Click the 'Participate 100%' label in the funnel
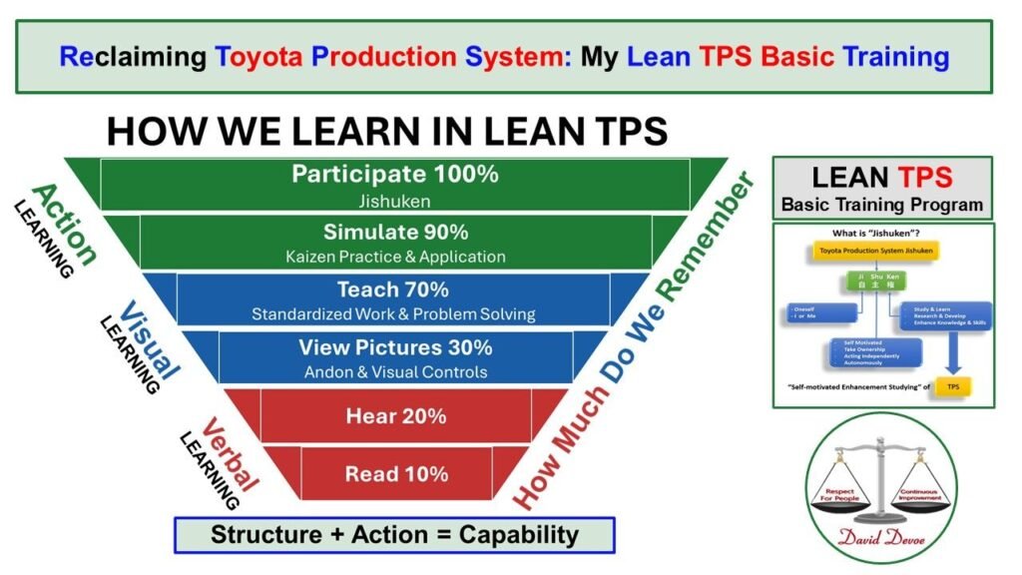[395, 174]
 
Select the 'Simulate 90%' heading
[395, 232]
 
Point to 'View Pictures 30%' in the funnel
[395, 347]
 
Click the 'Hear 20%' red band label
[395, 415]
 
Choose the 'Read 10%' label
[396, 473]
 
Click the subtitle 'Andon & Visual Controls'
[395, 371]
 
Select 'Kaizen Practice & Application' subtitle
[395, 257]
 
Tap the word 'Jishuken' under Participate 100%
[395, 200]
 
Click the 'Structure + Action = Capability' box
[394, 534]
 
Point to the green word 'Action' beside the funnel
[65, 225]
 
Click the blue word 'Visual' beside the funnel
[150, 339]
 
